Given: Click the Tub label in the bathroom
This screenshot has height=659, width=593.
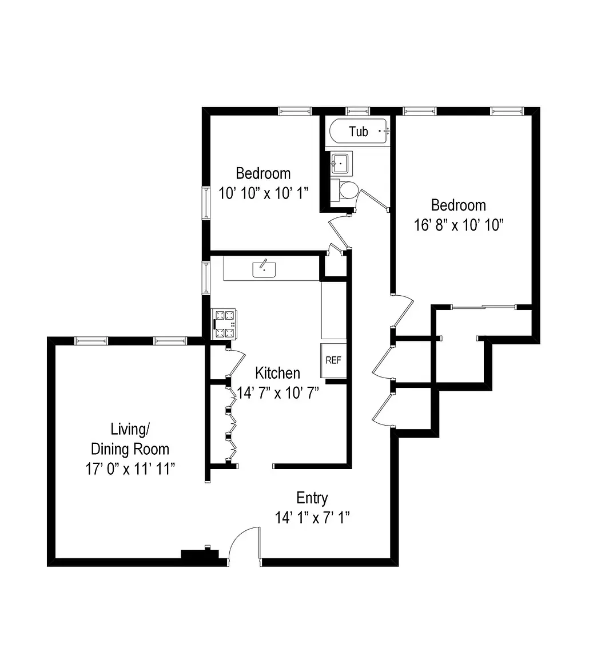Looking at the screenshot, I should tap(359, 132).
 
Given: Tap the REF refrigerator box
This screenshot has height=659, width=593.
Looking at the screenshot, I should tap(333, 360).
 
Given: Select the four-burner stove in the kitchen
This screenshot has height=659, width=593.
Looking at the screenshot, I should tap(224, 324).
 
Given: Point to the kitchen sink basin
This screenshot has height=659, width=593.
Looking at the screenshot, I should tap(264, 269).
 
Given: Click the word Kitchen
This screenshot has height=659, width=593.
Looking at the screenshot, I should tap(277, 373).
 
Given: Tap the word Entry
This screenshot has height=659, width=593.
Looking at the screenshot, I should tap(312, 498).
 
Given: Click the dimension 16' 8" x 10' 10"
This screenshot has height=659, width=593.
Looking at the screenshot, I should tap(458, 225).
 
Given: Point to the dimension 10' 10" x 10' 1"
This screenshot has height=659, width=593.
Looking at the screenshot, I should tap(264, 192).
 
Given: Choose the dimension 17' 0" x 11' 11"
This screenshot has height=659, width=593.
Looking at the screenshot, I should tap(130, 469).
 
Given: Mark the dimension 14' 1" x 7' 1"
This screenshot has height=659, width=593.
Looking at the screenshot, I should tap(312, 517).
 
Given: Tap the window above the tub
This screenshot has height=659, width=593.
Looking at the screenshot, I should tap(357, 110).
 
